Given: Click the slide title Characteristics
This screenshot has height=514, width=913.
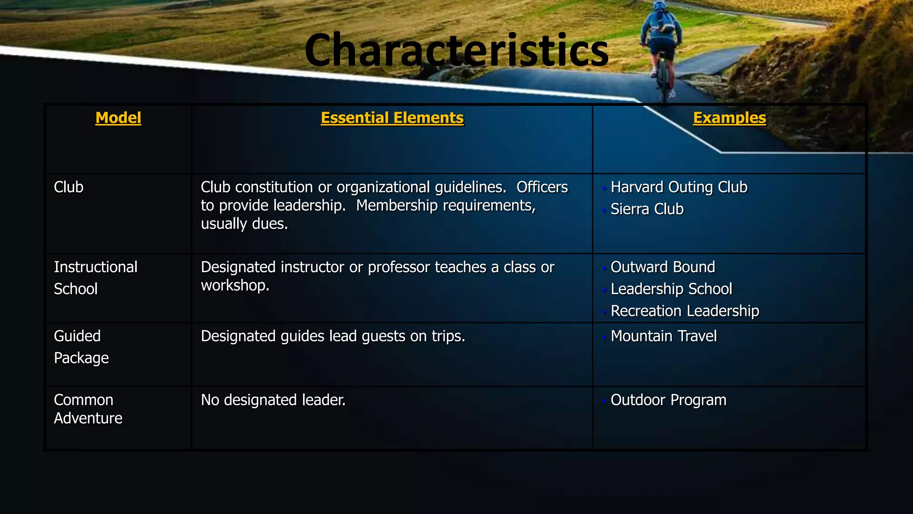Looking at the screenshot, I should click(x=456, y=50).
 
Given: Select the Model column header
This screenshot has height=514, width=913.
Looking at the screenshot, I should click(x=118, y=118).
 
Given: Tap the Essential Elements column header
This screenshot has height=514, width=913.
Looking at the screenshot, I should click(x=392, y=118).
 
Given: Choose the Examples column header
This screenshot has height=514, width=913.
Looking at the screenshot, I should click(x=729, y=118).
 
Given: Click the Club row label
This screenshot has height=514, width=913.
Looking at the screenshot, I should click(x=69, y=187).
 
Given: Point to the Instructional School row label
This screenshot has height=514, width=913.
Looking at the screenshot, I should click(x=95, y=278).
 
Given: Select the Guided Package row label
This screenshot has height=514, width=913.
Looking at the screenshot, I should click(x=81, y=347).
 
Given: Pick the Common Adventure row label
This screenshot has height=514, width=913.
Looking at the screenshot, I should click(x=88, y=409).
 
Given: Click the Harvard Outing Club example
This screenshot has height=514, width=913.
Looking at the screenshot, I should click(x=679, y=187).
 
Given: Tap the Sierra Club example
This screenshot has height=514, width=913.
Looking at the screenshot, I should click(x=647, y=209).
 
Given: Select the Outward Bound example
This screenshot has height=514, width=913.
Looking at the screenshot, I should click(x=662, y=267).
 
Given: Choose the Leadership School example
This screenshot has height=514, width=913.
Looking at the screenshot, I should click(x=671, y=289).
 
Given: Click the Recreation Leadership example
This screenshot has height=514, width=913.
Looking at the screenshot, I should click(x=684, y=311).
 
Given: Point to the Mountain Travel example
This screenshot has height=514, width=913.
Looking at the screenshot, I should click(x=663, y=336).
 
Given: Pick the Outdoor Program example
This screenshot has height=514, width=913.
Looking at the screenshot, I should click(x=668, y=400).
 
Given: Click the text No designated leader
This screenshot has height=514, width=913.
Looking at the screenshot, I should click(x=273, y=400).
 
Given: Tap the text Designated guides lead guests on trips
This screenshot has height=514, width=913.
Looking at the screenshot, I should click(x=333, y=336).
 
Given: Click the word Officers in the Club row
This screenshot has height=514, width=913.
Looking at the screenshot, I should click(x=542, y=187).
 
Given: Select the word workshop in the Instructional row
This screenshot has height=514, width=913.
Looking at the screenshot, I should click(x=234, y=285).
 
